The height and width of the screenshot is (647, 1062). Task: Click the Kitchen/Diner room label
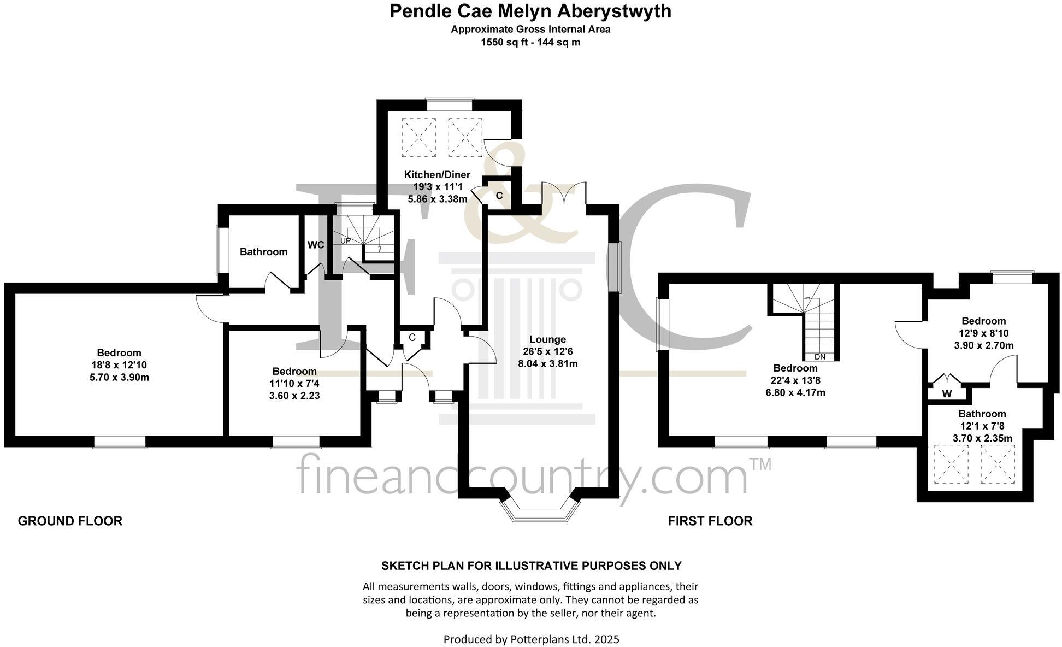pyautogui.click(x=437, y=175)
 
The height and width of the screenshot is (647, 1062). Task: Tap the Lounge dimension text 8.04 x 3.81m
pyautogui.click(x=547, y=363)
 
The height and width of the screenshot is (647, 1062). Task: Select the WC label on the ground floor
pyautogui.click(x=316, y=245)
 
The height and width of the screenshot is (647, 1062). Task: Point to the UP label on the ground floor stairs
pyautogui.click(x=346, y=240)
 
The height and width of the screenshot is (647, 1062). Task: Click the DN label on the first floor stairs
pyautogui.click(x=819, y=357)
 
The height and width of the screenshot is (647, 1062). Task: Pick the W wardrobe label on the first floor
pyautogui.click(x=947, y=393)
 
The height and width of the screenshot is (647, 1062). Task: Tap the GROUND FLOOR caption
pyautogui.click(x=70, y=521)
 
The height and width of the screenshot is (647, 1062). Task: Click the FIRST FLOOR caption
pyautogui.click(x=710, y=521)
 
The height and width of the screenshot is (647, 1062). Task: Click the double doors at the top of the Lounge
pyautogui.click(x=564, y=195)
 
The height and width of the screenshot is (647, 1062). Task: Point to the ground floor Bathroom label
pyautogui.click(x=263, y=252)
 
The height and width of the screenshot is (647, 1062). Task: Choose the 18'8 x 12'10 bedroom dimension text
pyautogui.click(x=119, y=365)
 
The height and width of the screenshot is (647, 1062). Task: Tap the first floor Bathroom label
pyautogui.click(x=982, y=414)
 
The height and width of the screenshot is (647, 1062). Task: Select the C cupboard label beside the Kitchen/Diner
pyautogui.click(x=499, y=195)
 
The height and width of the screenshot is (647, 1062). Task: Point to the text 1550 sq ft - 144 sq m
pyautogui.click(x=530, y=42)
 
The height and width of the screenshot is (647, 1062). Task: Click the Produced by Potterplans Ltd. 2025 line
pyautogui.click(x=531, y=639)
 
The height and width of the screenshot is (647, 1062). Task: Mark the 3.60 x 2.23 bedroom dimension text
pyautogui.click(x=294, y=396)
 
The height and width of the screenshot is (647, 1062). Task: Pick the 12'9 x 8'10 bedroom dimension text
pyautogui.click(x=983, y=333)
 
